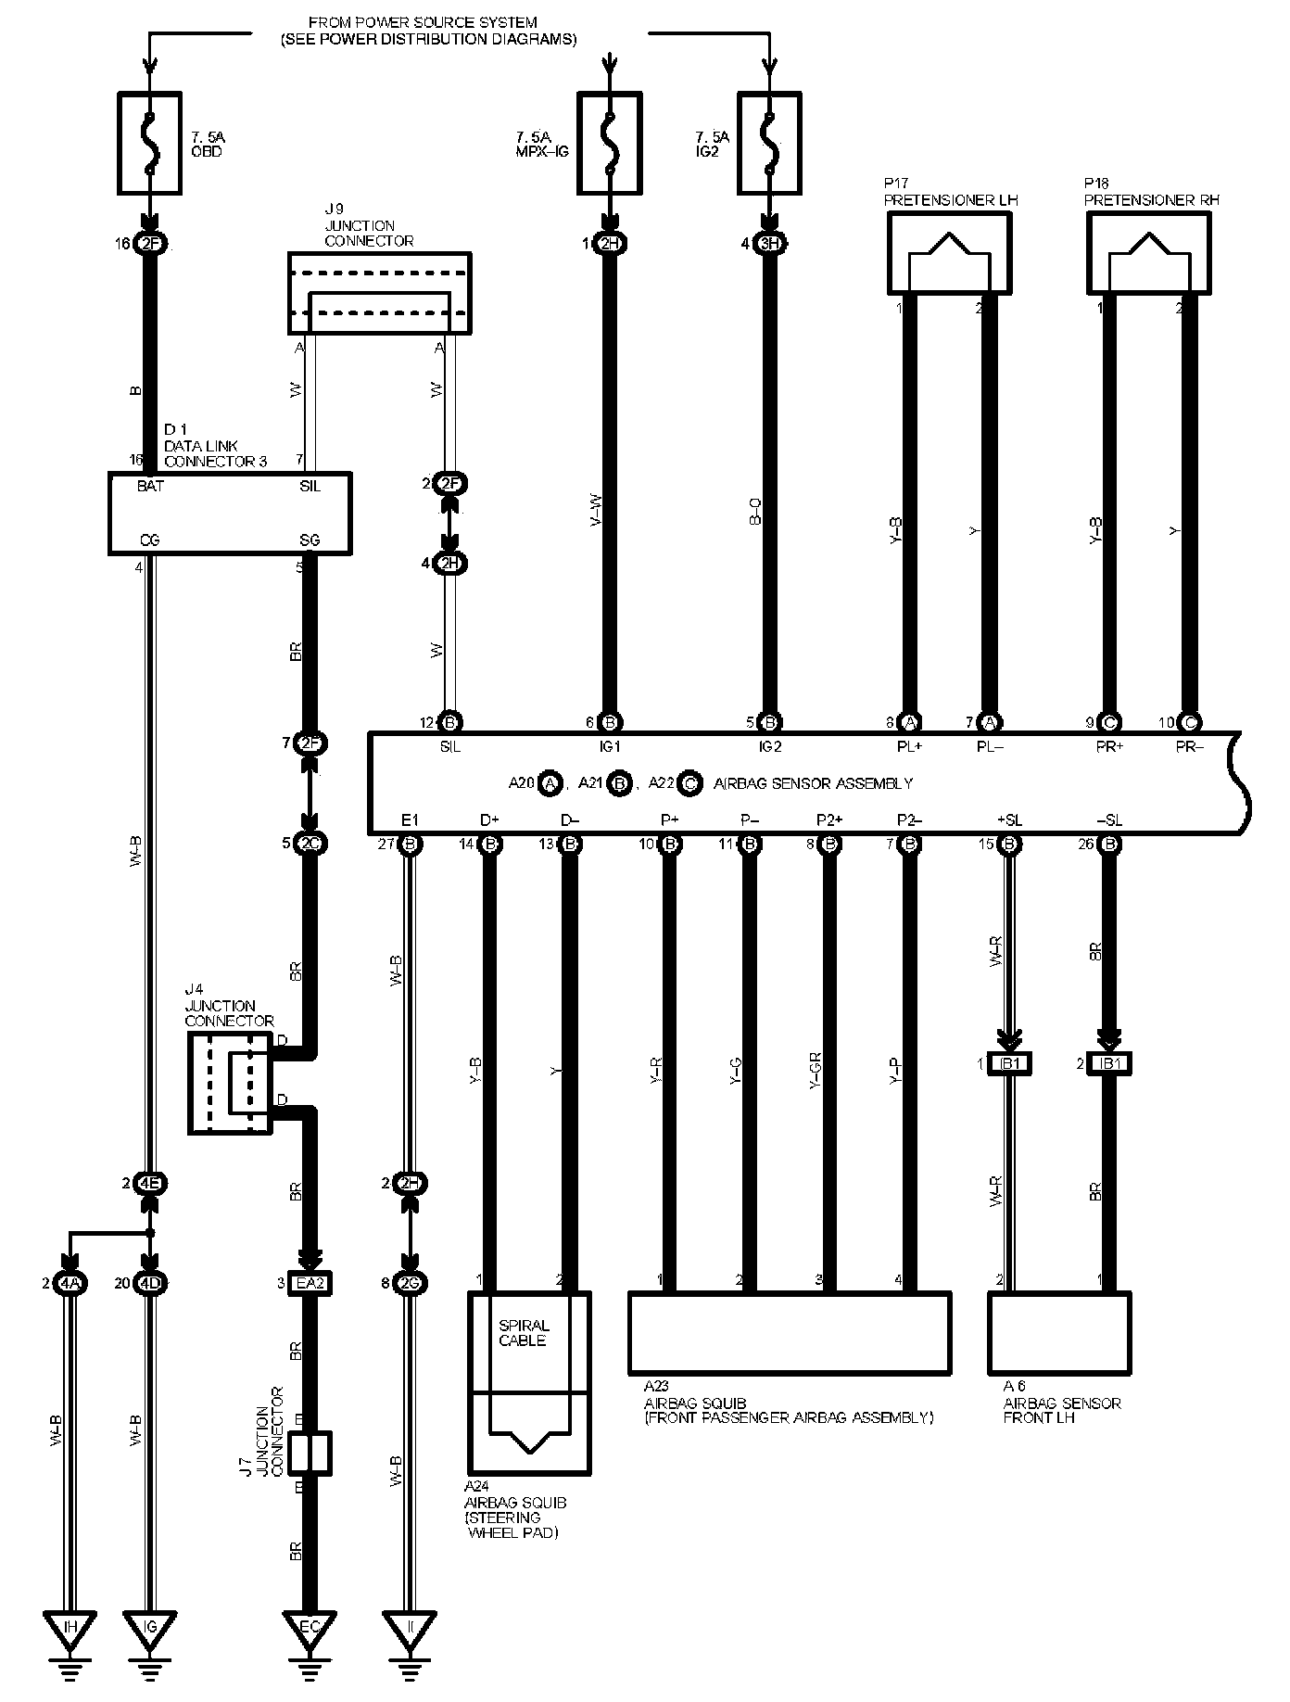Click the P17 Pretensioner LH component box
(x=948, y=253)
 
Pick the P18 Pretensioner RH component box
(x=1147, y=253)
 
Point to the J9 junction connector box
(x=379, y=293)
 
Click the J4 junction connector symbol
(x=231, y=1082)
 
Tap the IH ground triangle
(x=70, y=1629)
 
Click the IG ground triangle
(x=150, y=1629)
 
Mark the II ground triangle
(x=410, y=1629)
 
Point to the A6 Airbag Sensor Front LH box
(x=1059, y=1333)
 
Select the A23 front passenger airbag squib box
(x=790, y=1333)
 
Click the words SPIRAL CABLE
(x=524, y=1333)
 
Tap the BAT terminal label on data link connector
(x=150, y=486)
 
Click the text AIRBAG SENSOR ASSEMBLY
(x=813, y=783)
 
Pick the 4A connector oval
(x=70, y=1284)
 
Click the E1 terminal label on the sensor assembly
(x=411, y=820)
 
